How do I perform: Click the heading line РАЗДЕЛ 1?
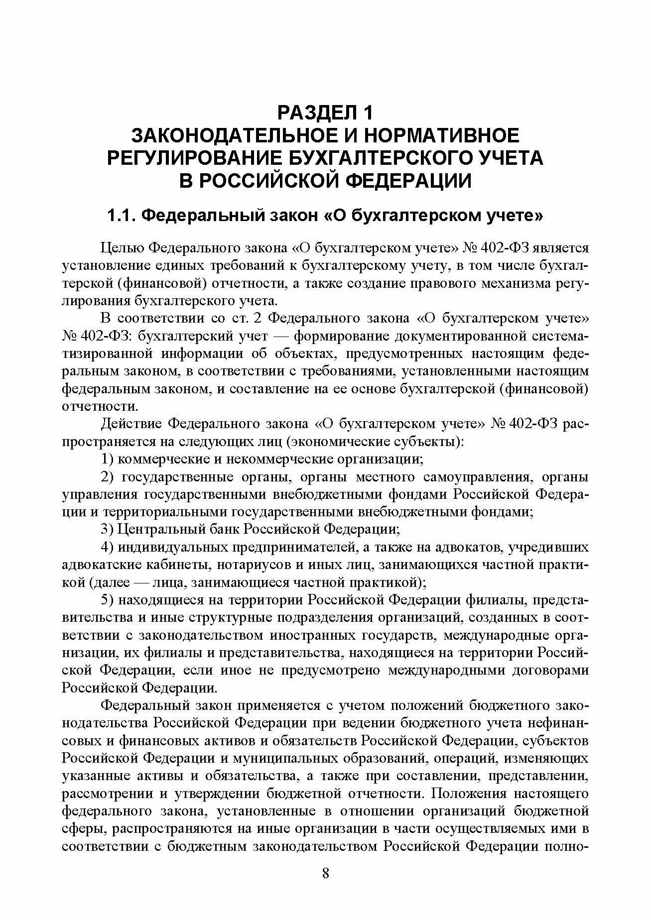click(325, 113)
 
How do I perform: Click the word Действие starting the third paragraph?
click(130, 424)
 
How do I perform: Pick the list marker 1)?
click(108, 459)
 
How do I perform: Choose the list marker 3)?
click(108, 529)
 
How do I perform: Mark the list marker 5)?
click(108, 600)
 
